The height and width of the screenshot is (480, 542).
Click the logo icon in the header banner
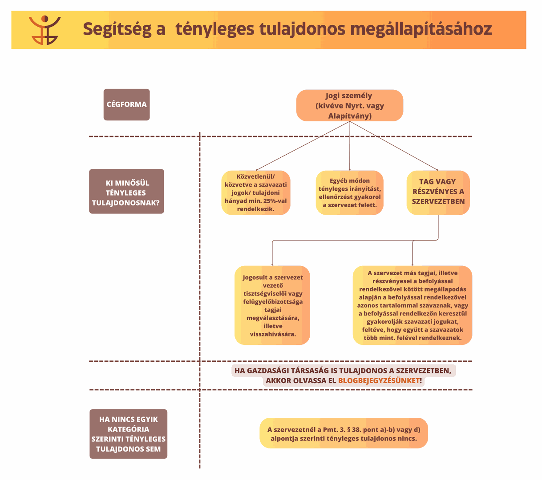[44, 30]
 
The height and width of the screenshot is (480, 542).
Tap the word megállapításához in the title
[421, 29]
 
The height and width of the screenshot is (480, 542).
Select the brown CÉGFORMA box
[126, 104]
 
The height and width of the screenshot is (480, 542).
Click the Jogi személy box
[349, 106]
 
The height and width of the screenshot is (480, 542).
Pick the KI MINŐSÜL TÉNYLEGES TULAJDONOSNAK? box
[126, 192]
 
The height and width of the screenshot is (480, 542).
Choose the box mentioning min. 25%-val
[256, 193]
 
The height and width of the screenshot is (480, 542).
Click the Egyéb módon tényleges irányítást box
[349, 193]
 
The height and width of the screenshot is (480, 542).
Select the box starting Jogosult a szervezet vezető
[272, 305]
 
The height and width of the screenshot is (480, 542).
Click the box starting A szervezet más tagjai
[412, 305]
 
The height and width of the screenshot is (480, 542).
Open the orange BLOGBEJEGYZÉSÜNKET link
[379, 380]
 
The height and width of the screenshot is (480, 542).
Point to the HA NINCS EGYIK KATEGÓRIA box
[129, 434]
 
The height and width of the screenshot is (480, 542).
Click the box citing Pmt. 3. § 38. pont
[344, 433]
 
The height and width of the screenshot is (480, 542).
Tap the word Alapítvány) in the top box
[350, 116]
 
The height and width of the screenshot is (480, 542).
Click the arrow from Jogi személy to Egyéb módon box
[350, 146]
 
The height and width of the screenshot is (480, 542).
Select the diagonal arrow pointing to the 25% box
[303, 146]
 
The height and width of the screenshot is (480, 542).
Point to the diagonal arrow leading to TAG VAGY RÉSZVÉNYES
[394, 146]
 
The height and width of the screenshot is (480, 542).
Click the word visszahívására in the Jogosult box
[273, 334]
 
